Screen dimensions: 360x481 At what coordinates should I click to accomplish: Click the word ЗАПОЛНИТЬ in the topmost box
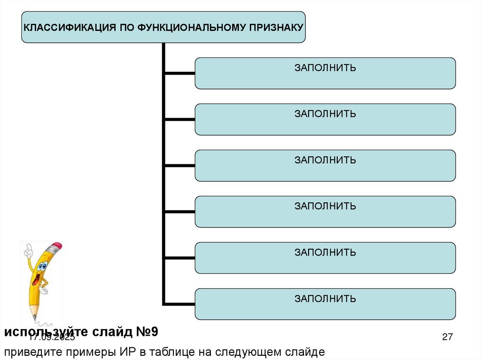coord(325,68)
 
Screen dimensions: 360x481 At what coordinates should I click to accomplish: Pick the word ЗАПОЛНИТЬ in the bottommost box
coord(325,299)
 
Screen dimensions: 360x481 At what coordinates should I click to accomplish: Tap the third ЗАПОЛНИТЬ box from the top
coord(325,166)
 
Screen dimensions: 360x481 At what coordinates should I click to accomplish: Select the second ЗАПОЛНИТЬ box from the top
coord(325,120)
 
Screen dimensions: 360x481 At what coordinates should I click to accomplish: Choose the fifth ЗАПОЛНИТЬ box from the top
coord(325,258)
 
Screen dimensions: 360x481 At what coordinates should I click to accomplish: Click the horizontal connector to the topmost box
coord(179,73)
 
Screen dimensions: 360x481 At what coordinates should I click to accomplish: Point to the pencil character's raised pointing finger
coord(28,247)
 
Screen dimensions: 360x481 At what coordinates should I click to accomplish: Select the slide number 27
coord(447,337)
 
